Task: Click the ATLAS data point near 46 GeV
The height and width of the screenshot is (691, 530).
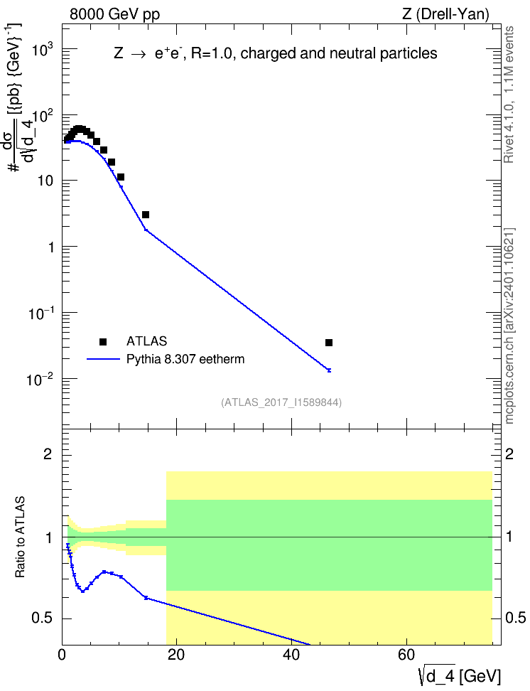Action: click(x=329, y=343)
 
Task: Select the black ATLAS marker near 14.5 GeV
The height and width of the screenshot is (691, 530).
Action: click(x=146, y=215)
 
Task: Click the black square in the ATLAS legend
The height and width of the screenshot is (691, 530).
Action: click(x=103, y=341)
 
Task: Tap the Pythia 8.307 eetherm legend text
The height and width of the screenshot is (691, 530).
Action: click(x=185, y=359)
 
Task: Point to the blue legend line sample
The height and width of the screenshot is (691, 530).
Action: click(x=103, y=359)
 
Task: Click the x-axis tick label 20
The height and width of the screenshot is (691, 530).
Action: click(x=175, y=655)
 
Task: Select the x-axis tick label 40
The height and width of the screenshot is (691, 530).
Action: click(x=291, y=655)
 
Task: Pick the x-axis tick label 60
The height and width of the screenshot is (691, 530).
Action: click(x=406, y=655)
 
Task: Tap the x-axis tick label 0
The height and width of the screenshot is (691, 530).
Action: click(x=62, y=655)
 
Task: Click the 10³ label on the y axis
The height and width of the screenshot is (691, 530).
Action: click(x=43, y=49)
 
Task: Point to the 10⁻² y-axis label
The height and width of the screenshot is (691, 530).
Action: click(x=40, y=378)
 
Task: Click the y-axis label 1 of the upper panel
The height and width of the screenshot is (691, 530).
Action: click(x=51, y=247)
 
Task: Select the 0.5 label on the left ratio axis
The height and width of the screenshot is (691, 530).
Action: click(x=43, y=618)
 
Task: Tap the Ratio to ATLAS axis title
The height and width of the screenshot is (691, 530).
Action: click(x=20, y=537)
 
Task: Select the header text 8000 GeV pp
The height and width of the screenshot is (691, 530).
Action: click(x=114, y=14)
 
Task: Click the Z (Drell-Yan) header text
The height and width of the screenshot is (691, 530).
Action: click(x=445, y=14)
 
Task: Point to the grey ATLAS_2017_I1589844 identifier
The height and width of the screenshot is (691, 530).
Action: click(x=281, y=402)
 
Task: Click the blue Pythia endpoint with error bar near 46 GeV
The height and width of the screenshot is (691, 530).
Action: click(x=329, y=370)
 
